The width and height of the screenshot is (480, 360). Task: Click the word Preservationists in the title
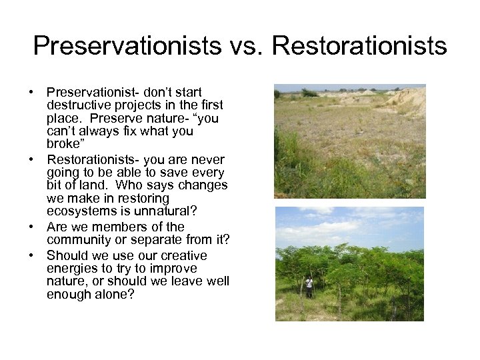coord(127,46)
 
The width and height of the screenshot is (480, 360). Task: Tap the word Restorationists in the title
coord(359,46)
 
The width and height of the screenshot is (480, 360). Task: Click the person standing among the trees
coord(309,287)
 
